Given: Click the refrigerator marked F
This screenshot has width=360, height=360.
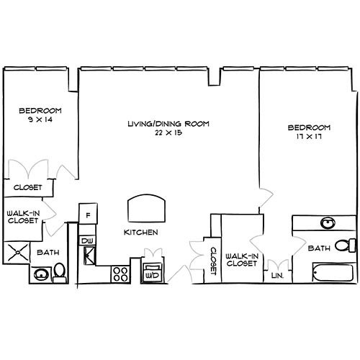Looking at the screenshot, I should tap(87, 215).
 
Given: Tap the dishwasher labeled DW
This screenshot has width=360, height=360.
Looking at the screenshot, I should tap(87, 240).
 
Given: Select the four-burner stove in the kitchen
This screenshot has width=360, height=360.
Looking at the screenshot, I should tap(120, 274).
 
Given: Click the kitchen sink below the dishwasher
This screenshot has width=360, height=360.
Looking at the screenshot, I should tap(88, 254).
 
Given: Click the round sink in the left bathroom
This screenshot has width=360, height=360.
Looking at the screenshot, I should tap(41, 274).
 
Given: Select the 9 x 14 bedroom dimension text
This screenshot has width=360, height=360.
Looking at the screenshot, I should tap(40, 120).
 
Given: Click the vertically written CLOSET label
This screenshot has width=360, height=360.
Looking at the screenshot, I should tap(213, 259).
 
